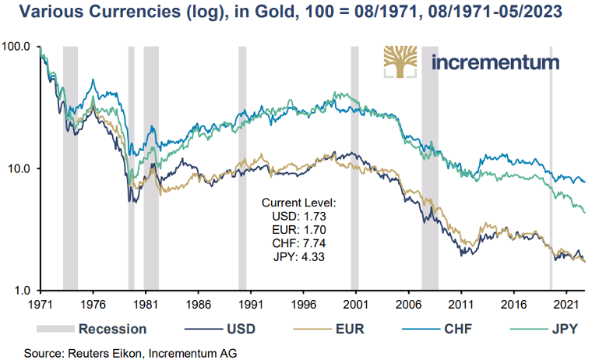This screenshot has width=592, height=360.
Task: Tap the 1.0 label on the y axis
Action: [21, 290]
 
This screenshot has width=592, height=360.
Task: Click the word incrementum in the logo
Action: [495, 62]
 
